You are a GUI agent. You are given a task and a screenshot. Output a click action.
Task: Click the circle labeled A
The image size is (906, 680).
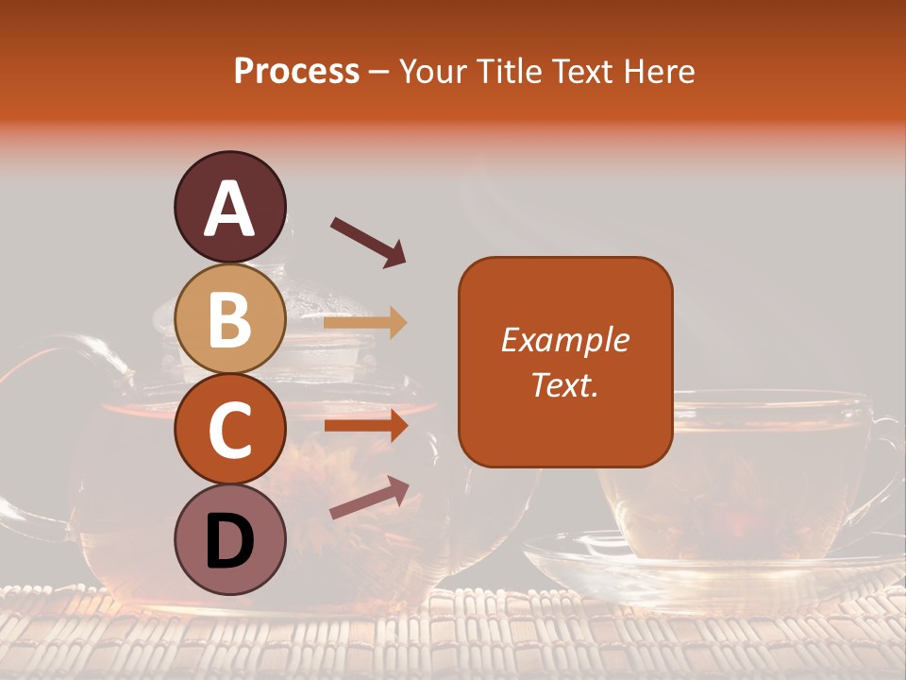pos(229,208)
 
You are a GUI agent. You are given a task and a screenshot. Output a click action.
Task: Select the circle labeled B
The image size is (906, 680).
pos(229,319)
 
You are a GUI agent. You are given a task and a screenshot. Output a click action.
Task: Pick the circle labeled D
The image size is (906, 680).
pos(229,540)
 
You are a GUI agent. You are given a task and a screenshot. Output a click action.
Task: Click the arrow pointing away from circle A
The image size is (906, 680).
pos(367,242)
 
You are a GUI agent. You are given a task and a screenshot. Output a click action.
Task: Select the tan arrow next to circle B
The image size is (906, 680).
pos(365,323)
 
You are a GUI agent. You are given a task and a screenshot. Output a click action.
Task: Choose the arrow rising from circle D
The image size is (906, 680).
pos(368,499)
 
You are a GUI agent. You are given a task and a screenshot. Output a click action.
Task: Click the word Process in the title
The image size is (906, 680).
pos(296,72)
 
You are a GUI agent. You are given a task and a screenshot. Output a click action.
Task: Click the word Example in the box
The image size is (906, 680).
pos(564,340)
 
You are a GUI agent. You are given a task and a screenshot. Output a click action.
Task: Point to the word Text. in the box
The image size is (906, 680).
pos(564,384)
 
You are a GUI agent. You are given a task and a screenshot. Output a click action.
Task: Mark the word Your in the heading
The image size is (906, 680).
pos(433,72)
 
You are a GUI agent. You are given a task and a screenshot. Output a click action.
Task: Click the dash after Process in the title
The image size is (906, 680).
pos(379,72)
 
